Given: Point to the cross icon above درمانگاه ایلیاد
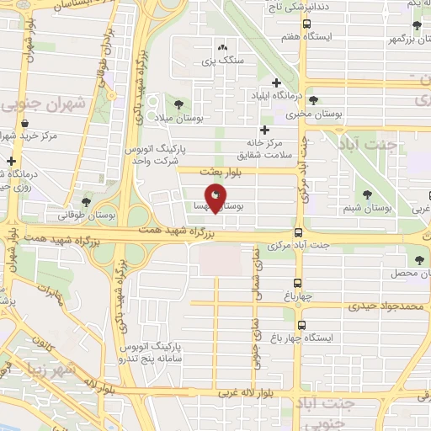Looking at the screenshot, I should (x=276, y=82).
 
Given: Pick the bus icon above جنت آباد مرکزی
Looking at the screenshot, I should (x=298, y=233).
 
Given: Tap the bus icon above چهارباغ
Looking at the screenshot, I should (x=298, y=284).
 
